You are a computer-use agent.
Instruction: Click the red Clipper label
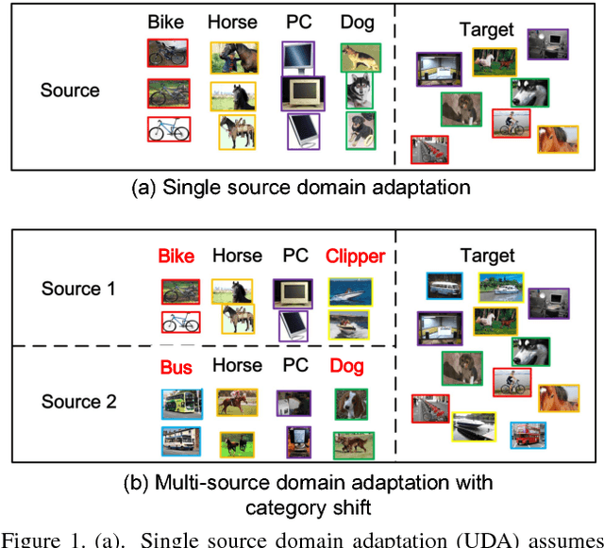[x=355, y=256]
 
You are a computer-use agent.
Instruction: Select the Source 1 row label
[x=78, y=289]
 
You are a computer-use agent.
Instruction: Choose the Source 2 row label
[x=78, y=402]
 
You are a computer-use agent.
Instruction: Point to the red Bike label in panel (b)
[x=176, y=256]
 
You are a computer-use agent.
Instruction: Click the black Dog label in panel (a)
[x=360, y=20]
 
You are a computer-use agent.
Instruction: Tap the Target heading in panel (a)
[x=486, y=30]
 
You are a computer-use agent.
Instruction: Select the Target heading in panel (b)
[x=487, y=255]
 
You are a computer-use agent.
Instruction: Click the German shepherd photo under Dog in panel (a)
[x=359, y=57]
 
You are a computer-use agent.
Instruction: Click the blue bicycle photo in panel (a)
[x=169, y=129]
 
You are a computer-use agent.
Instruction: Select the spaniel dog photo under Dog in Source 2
[x=347, y=401]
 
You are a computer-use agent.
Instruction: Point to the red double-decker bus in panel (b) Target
[x=527, y=435]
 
